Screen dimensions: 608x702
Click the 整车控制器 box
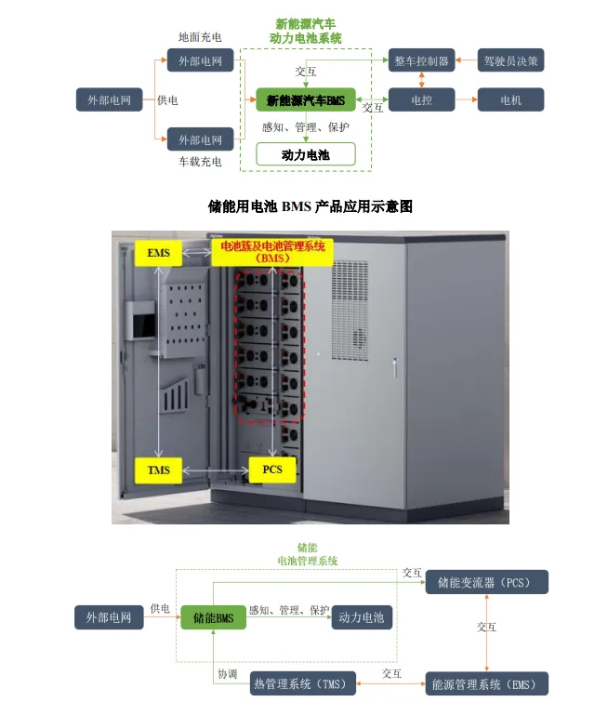coord(422,60)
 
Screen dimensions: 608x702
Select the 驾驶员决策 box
coord(510,60)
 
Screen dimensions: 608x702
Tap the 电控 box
coord(422,99)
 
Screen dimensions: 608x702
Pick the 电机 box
coord(510,99)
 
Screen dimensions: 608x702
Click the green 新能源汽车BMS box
coord(305,99)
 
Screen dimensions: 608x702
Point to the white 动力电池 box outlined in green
coord(305,154)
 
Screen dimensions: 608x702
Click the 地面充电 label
coord(200,37)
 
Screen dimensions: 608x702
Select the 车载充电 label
coord(200,162)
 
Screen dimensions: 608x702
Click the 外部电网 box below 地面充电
coord(200,61)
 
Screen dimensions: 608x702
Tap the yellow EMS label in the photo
coord(159,253)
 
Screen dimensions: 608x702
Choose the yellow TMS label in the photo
coord(159,470)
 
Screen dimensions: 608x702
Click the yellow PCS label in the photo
coord(271,470)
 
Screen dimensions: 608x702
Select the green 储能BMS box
coord(213,616)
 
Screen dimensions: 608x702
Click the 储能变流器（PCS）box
coord(486,583)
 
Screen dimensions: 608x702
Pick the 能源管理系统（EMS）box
coord(486,684)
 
